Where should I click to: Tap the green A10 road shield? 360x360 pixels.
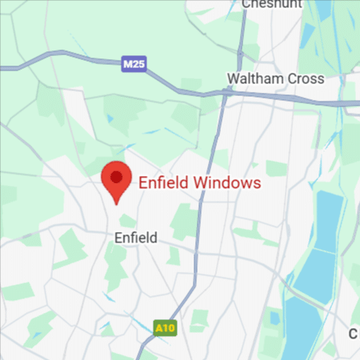(x=164, y=327)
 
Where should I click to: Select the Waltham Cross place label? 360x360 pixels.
(x=275, y=78)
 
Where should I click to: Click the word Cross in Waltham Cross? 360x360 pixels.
(x=307, y=78)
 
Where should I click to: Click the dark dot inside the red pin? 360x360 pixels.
(x=117, y=176)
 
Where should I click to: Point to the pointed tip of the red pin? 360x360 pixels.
(x=117, y=203)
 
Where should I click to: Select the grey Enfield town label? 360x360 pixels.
(x=136, y=237)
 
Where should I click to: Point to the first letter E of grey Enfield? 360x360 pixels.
(x=118, y=237)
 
